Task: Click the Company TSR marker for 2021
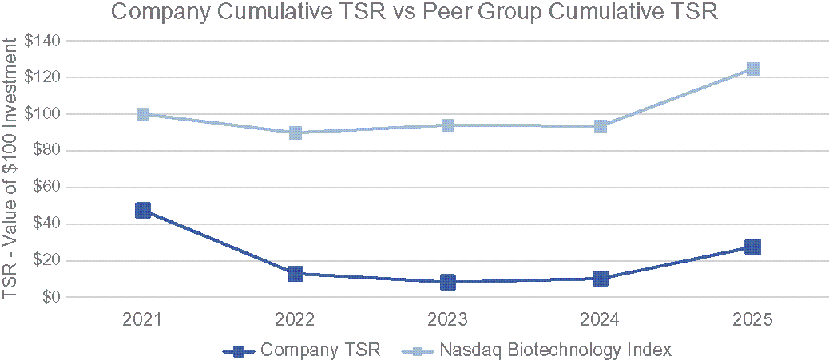point(143,210)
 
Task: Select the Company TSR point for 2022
point(296,274)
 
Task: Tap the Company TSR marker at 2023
point(448,282)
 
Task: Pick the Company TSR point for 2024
point(601,279)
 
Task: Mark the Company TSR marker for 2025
point(752,247)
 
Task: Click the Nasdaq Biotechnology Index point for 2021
point(143,114)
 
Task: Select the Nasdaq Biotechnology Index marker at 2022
point(296,133)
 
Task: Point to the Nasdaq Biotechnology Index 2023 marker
point(448,125)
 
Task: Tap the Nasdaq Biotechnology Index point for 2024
point(601,126)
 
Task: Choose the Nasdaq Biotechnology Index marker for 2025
point(752,69)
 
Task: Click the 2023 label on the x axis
point(448,320)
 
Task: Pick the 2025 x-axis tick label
point(752,320)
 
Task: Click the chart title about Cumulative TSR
point(414,12)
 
